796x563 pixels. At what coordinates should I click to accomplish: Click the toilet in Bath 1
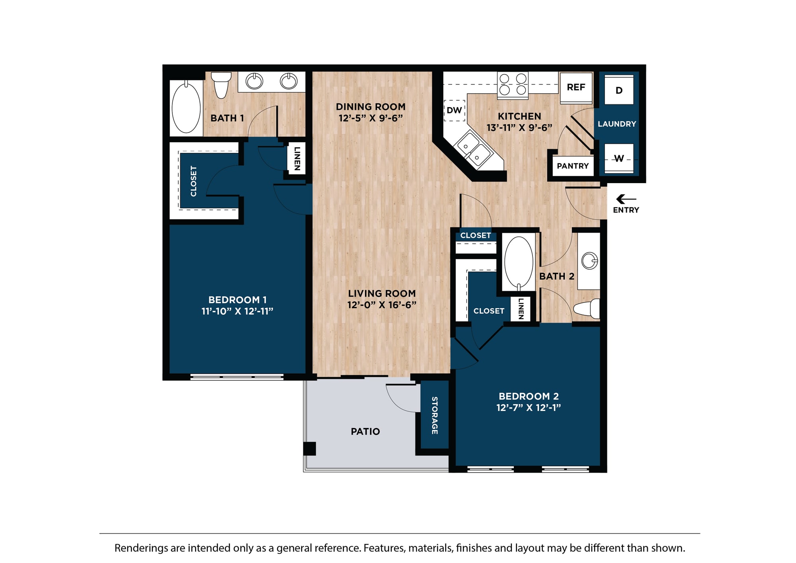click(x=221, y=84)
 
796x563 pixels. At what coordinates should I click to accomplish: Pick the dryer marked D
click(x=619, y=90)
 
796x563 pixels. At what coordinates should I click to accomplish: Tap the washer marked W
click(x=619, y=158)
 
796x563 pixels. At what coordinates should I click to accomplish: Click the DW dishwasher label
click(x=454, y=110)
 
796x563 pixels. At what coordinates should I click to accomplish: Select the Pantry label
click(x=573, y=166)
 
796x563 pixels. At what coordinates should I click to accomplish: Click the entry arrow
click(x=626, y=199)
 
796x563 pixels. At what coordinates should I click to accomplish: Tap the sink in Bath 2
click(x=589, y=261)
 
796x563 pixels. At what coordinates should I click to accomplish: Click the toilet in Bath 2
click(x=587, y=309)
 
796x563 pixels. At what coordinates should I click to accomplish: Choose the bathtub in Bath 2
click(x=519, y=263)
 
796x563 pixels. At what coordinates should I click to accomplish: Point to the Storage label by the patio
click(x=435, y=415)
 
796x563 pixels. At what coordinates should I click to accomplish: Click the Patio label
click(x=365, y=432)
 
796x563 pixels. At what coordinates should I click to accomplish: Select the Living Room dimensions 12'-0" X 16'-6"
click(x=382, y=305)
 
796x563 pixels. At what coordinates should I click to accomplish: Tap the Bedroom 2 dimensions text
click(x=529, y=408)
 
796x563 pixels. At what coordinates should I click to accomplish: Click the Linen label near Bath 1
click(x=297, y=158)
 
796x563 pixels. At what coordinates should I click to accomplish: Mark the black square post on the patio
click(x=310, y=449)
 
